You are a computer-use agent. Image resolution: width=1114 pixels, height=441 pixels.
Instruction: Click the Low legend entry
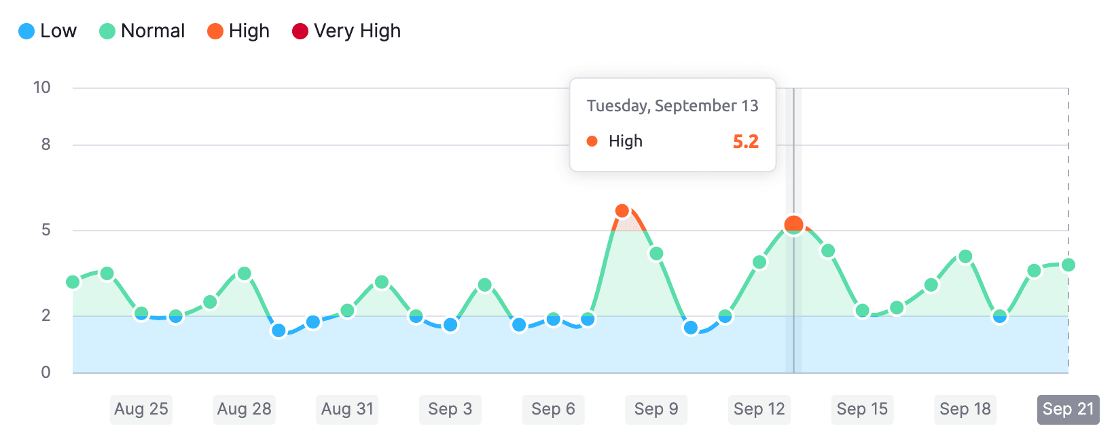pos(48,31)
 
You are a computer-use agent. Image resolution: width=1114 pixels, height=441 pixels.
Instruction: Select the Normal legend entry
pos(142,31)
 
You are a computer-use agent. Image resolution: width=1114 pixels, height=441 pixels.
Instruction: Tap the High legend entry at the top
pos(238,31)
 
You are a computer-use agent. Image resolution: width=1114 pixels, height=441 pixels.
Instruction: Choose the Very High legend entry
pos(346,31)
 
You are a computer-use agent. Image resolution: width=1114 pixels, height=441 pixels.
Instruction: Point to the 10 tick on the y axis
pos(42,88)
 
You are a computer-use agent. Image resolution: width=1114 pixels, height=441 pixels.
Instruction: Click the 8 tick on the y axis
pos(46,145)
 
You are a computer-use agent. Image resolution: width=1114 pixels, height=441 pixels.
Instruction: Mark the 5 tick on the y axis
pos(46,230)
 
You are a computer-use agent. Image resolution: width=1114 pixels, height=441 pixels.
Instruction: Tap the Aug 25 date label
pos(141,409)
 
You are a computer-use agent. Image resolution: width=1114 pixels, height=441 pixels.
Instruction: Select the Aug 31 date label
pos(347,409)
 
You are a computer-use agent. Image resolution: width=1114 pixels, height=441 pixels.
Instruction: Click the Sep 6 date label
pos(553,409)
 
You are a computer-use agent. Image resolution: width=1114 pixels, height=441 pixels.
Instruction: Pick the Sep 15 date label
pos(862,409)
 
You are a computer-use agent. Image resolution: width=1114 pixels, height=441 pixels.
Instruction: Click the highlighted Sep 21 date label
pos(1068,409)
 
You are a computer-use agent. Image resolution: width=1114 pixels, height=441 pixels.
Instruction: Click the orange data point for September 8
pos(622,211)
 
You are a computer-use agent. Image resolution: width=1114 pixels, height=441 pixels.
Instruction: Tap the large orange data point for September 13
pos(793,225)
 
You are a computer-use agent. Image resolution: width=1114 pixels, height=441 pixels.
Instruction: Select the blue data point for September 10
pos(691,328)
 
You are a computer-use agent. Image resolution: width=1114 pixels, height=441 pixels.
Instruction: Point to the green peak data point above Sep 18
pos(965,256)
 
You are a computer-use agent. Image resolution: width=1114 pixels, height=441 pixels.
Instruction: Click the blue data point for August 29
pos(278,330)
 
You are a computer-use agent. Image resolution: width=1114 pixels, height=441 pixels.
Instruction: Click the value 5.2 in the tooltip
pos(745,141)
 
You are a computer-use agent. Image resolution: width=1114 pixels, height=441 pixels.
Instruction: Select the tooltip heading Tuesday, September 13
pos(672,106)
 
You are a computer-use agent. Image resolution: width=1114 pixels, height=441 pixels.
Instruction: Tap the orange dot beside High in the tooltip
pos(592,141)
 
